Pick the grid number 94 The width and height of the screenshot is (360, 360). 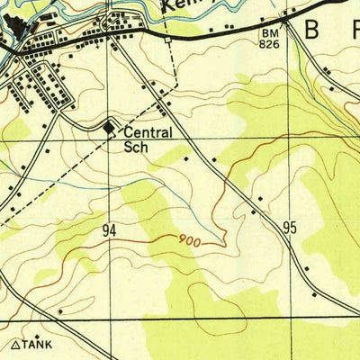coord(109,231)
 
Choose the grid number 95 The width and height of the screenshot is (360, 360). coord(289,229)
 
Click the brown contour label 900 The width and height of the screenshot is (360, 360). coord(188,240)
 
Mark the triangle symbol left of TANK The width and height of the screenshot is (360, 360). coord(15,344)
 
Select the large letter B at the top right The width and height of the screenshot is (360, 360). coord(311,30)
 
